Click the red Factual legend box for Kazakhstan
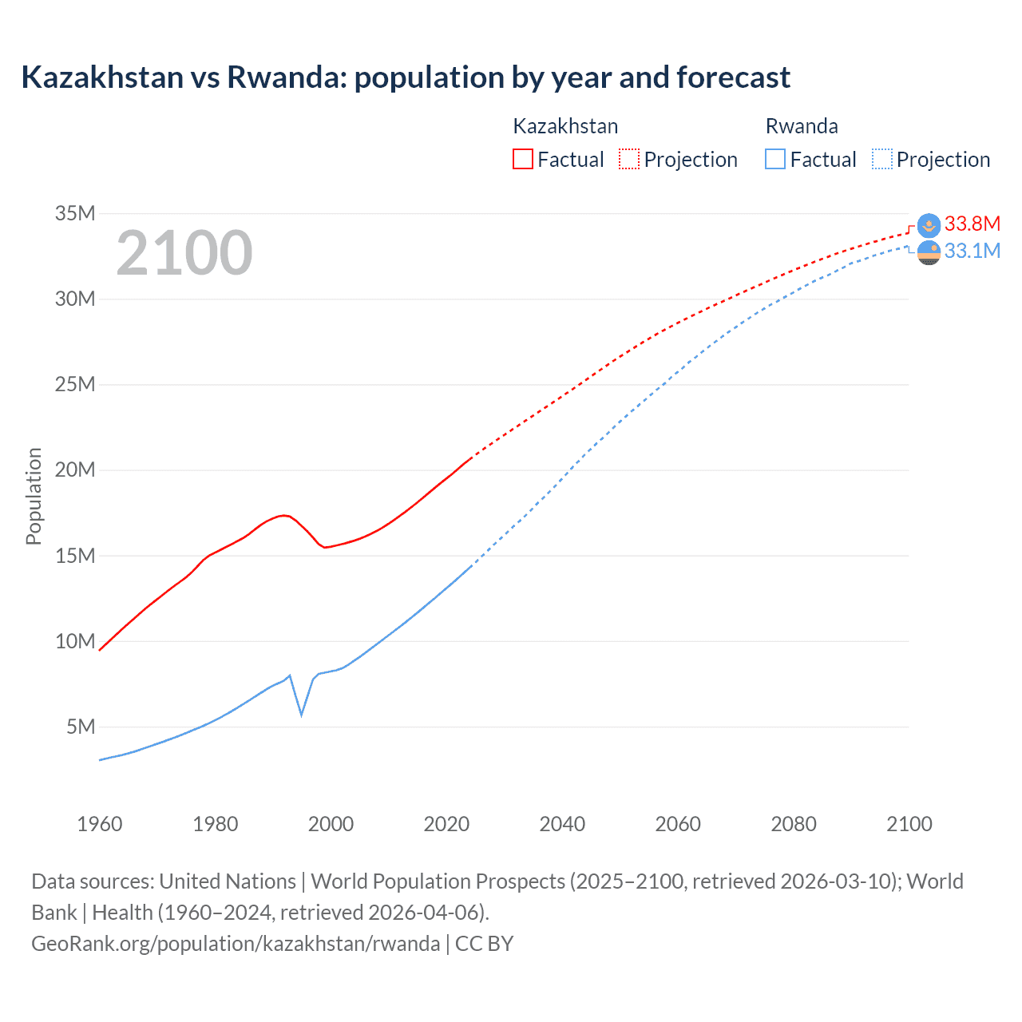pos(522,159)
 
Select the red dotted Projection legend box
pos(629,159)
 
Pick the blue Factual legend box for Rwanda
pos(774,159)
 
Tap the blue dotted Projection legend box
pos(881,159)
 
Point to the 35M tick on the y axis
pos(75,213)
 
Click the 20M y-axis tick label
pos(75,469)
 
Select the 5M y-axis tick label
pos(81,727)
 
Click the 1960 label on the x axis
pos(100,824)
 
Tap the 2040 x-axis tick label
pos(562,824)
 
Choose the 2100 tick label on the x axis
pos(909,824)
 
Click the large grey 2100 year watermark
pos(184,253)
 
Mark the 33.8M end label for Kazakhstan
pos(972,224)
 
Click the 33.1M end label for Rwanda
pos(972,251)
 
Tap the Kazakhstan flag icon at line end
pos(929,225)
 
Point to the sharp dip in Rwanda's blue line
pos(301,713)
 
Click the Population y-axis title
pos(34,496)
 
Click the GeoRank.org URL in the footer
pos(236,943)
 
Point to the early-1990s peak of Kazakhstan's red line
pos(283,515)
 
